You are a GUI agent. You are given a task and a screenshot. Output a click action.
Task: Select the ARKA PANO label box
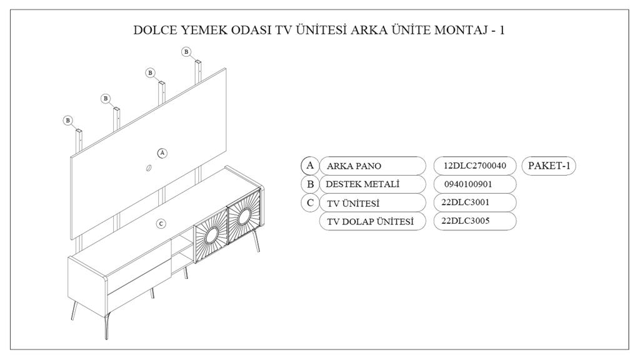(x=372, y=166)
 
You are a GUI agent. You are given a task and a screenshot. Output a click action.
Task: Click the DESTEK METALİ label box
(x=372, y=184)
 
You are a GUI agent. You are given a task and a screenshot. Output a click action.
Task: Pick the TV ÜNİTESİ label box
(x=372, y=203)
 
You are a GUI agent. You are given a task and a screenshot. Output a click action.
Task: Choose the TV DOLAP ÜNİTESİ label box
(x=372, y=221)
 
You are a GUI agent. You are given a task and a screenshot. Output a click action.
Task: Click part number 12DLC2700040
(x=475, y=166)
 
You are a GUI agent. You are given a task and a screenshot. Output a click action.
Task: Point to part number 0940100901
(x=475, y=184)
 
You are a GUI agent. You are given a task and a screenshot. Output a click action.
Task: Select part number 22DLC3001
(x=475, y=203)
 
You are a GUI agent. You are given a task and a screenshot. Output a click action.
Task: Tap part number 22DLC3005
(x=475, y=221)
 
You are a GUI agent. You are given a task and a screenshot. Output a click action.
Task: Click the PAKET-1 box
(x=548, y=166)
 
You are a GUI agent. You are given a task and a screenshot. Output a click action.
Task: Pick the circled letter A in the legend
(x=309, y=166)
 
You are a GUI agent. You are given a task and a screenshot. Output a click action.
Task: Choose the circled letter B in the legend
(x=309, y=184)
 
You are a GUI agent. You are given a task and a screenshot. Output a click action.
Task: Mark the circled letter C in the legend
(x=309, y=203)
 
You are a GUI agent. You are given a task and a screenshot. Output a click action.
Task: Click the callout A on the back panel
(x=162, y=152)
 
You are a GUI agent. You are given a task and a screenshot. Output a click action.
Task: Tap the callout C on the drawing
(x=161, y=223)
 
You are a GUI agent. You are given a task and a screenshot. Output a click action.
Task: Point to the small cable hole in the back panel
(x=149, y=167)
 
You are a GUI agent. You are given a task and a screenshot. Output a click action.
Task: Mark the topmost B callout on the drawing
(x=186, y=51)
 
